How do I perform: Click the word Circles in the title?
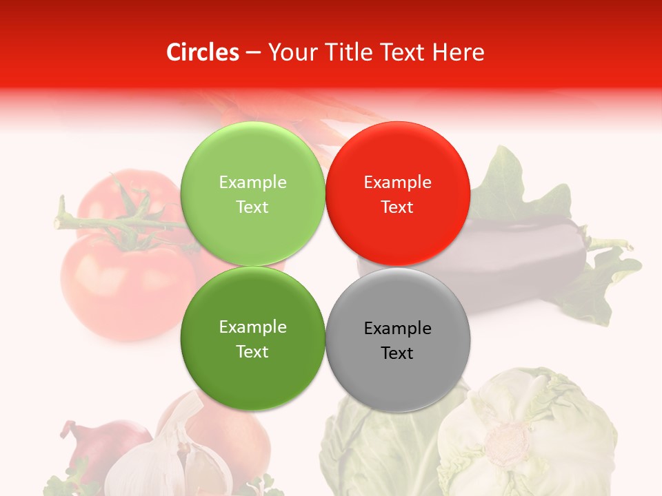click(x=202, y=52)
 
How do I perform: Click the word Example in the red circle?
click(x=397, y=183)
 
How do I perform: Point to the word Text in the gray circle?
click(x=397, y=353)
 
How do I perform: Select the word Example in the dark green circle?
click(x=252, y=327)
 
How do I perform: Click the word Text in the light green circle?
click(x=252, y=207)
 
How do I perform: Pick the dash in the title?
click(x=253, y=52)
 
